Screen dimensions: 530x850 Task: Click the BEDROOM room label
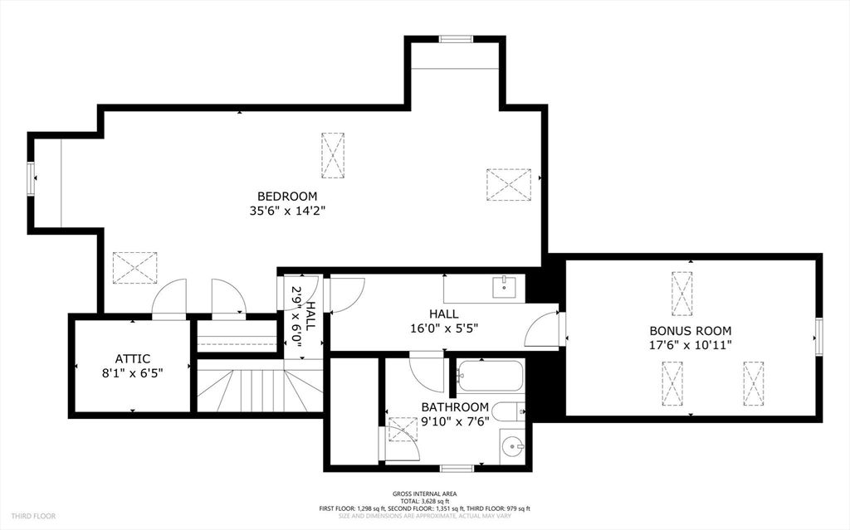coord(287,196)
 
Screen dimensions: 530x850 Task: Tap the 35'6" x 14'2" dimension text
coord(287,211)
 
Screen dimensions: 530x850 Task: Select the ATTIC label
coord(133,358)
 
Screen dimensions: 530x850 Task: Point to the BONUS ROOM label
coord(691,330)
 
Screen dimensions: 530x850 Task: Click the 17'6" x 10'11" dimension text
coord(691,345)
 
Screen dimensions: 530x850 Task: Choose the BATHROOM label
coord(455,406)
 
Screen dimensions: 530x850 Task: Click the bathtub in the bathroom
coord(490,376)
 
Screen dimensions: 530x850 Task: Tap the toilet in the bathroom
coord(508,411)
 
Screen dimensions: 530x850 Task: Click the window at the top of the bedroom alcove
coord(456,38)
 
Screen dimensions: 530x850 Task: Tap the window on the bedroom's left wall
coord(31,177)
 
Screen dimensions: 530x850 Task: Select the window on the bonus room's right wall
coord(818,337)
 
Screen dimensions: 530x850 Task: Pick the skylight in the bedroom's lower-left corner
coord(134,268)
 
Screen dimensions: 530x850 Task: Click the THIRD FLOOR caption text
coord(34,516)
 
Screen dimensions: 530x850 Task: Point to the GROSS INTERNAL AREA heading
coord(424,494)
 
